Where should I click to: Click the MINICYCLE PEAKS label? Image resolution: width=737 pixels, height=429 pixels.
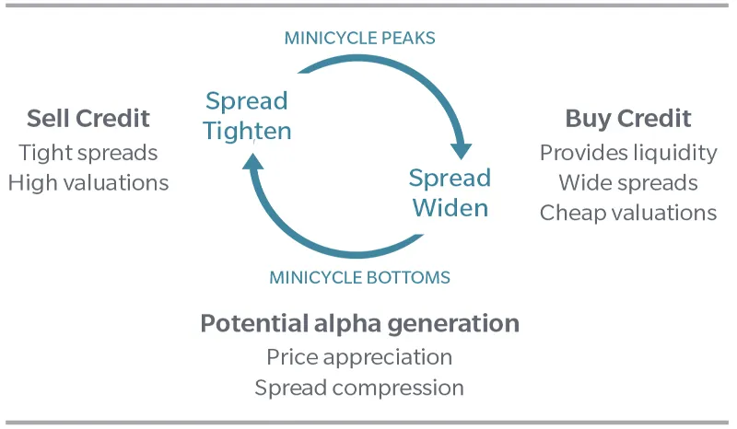359,38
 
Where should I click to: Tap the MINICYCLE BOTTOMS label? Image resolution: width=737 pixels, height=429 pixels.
359,276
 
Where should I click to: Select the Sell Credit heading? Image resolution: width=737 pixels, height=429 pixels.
88,119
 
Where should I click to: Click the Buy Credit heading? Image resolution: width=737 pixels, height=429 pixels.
627,119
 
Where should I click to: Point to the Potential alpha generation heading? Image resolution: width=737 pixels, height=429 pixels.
359,324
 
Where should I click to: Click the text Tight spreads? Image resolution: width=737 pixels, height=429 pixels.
88,152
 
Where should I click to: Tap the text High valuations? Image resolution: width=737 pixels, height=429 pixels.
88,182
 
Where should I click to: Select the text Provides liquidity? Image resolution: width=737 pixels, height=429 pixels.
627,152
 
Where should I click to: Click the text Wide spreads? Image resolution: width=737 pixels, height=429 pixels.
627,182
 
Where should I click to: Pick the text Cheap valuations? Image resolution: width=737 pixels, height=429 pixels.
627,213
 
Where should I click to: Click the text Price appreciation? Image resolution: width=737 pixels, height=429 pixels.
359,356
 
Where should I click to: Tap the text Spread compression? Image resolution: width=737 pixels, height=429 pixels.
359,387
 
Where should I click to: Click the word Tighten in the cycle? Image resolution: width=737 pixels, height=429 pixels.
247,131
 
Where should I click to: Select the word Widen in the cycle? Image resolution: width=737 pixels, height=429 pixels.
450,207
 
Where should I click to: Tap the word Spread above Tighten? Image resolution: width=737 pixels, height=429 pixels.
247,100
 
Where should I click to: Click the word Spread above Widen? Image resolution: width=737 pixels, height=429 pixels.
450,177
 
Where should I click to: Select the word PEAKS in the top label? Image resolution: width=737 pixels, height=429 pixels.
406,38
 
